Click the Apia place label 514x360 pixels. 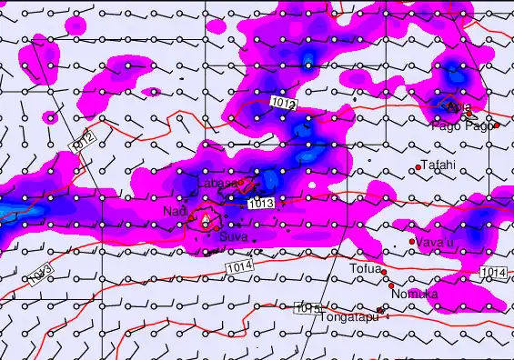(x=459, y=107)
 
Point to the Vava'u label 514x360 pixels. (x=435, y=241)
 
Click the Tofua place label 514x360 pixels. (x=364, y=269)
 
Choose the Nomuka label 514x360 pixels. (x=415, y=295)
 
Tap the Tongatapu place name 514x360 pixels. (x=348, y=317)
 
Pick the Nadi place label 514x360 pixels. (x=175, y=212)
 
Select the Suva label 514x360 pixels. (x=233, y=237)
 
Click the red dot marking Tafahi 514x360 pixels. (x=418, y=166)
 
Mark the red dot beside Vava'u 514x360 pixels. (x=412, y=242)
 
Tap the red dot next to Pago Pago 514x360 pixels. (x=497, y=125)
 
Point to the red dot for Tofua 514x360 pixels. (x=384, y=272)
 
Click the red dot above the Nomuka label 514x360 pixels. (x=391, y=285)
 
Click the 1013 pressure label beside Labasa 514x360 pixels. (x=261, y=203)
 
